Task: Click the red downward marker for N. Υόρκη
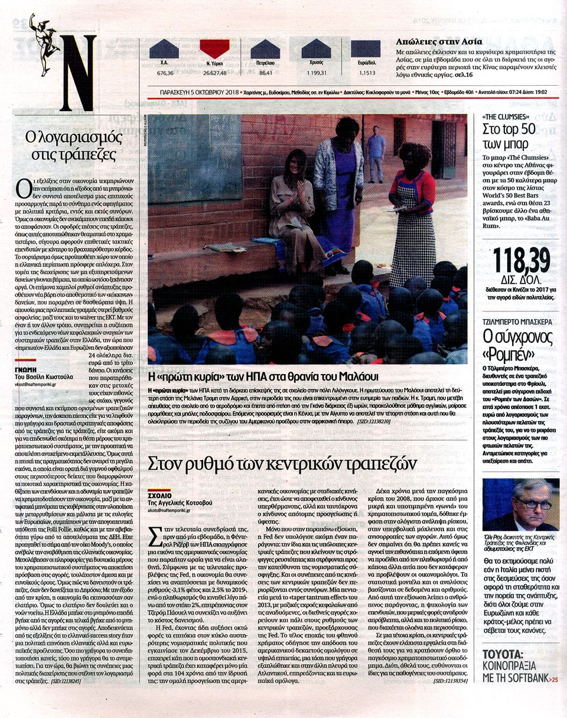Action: click(214, 48)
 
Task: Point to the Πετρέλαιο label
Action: click(265, 62)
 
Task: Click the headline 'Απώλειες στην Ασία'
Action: click(439, 42)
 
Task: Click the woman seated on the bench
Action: click(291, 201)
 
